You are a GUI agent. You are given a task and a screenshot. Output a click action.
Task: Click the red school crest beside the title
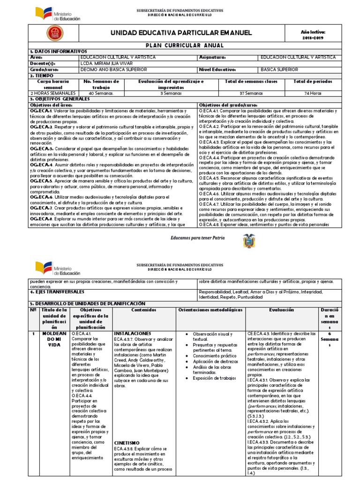coord(52,32)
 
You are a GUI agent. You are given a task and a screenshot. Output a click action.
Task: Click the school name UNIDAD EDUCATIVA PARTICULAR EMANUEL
coord(180,32)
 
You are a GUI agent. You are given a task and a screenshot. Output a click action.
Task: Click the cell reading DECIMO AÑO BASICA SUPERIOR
coord(112,69)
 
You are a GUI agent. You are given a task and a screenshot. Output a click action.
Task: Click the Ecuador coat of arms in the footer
coord(248,241)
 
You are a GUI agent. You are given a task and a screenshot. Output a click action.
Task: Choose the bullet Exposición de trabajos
coord(210,378)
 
